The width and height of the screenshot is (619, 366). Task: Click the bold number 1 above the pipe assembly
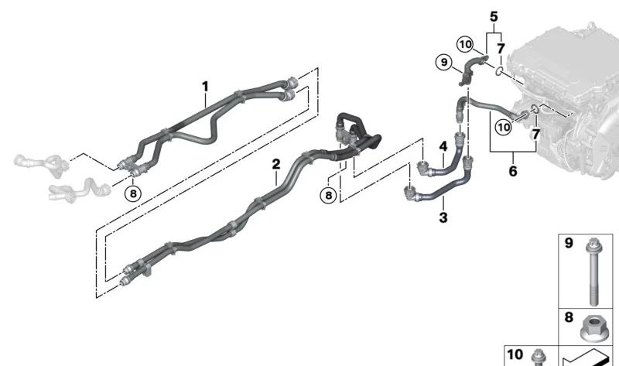click(205, 87)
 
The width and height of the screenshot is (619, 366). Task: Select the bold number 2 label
click(276, 164)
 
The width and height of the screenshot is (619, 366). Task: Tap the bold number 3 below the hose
click(443, 217)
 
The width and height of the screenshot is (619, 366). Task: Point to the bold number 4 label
click(443, 146)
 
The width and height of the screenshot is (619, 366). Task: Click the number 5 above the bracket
click(494, 17)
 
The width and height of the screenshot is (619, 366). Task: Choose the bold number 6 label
click(513, 171)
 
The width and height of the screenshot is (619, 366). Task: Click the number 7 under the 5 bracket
click(501, 49)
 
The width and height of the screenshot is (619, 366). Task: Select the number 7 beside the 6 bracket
click(535, 134)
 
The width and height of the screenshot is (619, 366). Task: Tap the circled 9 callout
click(444, 63)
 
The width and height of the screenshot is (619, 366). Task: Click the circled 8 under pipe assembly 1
click(133, 193)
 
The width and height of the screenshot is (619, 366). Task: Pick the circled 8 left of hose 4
click(328, 195)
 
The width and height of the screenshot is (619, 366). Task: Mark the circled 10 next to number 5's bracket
click(466, 44)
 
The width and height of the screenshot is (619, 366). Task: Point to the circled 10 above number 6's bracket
click(504, 127)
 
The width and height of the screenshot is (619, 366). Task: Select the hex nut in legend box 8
click(592, 329)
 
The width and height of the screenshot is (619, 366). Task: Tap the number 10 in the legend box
click(515, 354)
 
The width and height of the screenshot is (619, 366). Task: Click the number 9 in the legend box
click(569, 243)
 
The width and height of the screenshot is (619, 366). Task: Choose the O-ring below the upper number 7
click(499, 71)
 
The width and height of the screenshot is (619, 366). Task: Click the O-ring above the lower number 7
click(535, 108)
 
